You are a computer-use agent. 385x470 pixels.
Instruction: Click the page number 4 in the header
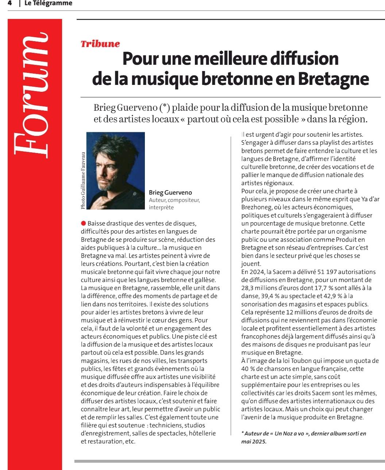coord(9,4)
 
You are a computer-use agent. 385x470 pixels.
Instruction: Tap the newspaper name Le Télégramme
coord(48,4)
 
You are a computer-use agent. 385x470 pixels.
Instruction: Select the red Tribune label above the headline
coord(100,44)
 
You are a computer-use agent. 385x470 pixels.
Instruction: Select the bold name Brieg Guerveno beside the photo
coord(170,193)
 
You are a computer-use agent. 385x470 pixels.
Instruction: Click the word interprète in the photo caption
coord(161,207)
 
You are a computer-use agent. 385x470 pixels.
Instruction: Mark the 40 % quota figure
coord(248,369)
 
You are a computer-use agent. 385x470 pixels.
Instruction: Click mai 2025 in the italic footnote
coord(254,442)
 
